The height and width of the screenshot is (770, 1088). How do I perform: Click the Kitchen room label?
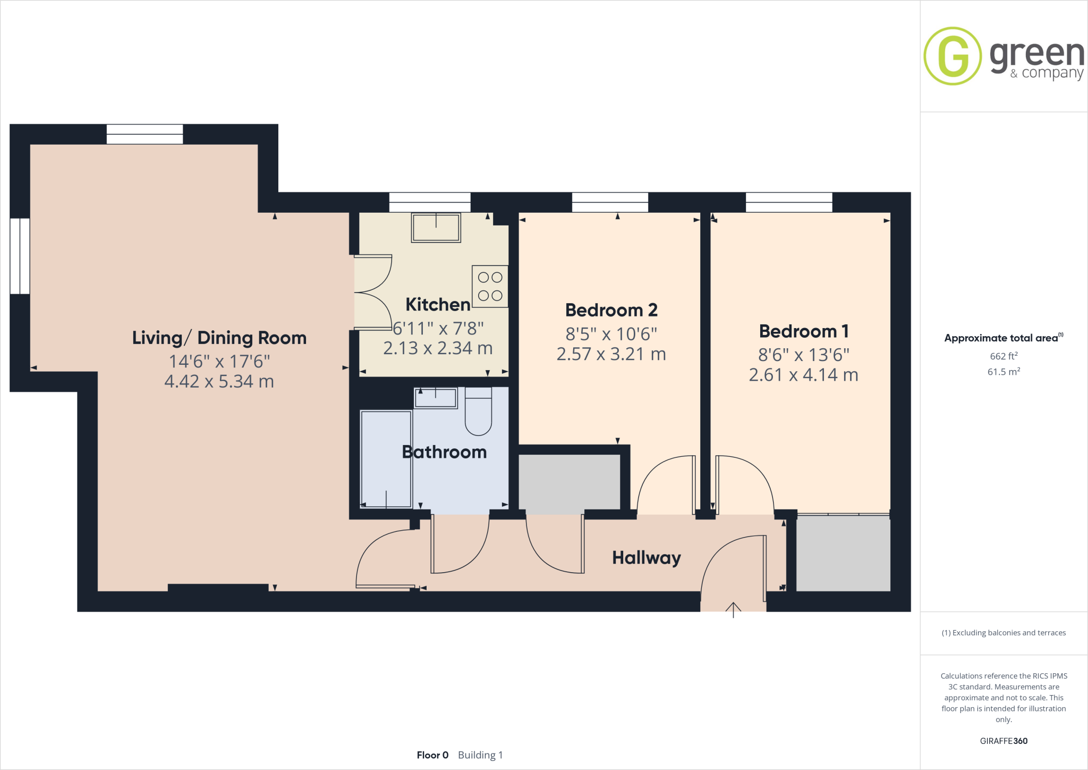(x=438, y=305)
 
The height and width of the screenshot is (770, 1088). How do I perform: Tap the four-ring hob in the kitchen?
(x=490, y=286)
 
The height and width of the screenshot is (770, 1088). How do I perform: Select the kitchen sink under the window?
(x=436, y=228)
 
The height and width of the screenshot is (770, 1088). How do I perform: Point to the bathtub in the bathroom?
(x=386, y=459)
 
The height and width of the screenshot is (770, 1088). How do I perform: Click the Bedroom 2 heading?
(x=611, y=310)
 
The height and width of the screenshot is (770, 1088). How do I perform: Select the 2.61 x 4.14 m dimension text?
(x=803, y=375)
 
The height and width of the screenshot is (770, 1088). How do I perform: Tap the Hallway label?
(x=646, y=557)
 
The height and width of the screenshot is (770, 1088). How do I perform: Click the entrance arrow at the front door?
(x=733, y=609)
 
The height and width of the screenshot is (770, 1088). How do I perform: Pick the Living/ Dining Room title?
(x=219, y=338)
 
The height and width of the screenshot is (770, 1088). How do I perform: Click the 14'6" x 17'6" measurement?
(x=219, y=362)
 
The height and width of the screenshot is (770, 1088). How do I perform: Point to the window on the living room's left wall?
(x=20, y=256)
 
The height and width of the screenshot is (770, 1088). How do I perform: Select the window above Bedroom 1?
(x=789, y=202)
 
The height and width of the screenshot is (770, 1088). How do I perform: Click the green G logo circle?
(x=953, y=56)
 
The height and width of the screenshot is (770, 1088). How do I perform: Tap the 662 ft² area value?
(x=1003, y=356)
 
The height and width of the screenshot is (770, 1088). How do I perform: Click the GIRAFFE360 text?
(x=1003, y=741)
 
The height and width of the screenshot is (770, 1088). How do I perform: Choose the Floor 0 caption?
(x=432, y=755)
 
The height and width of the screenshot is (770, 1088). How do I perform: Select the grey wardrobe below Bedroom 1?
(x=843, y=553)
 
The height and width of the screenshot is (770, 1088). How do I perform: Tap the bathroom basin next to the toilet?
(x=436, y=398)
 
